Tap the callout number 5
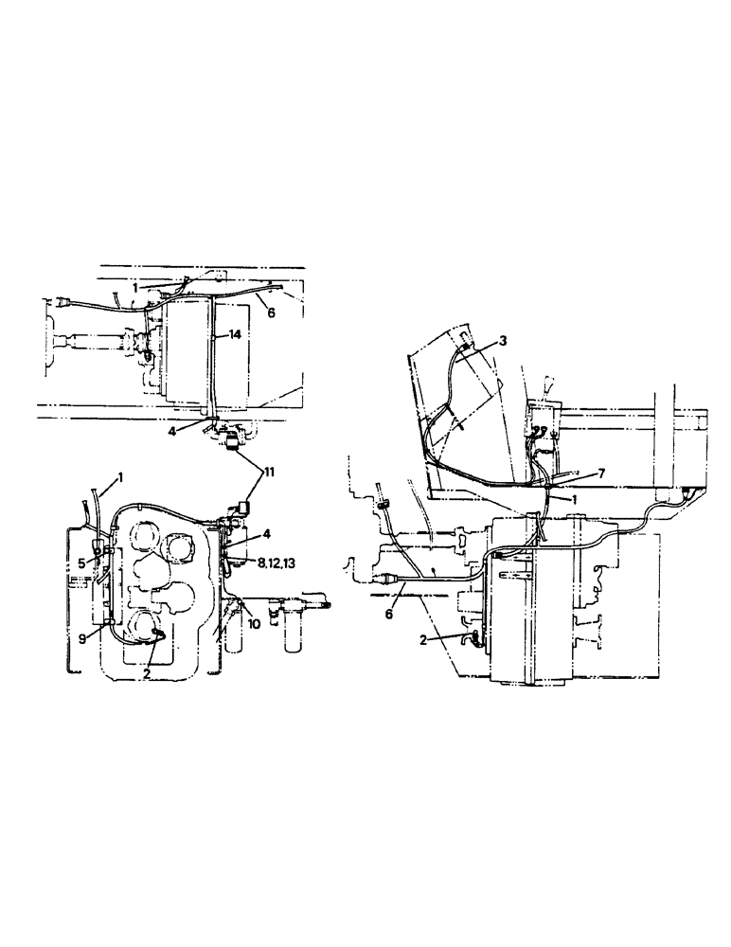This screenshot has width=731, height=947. (83, 563)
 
